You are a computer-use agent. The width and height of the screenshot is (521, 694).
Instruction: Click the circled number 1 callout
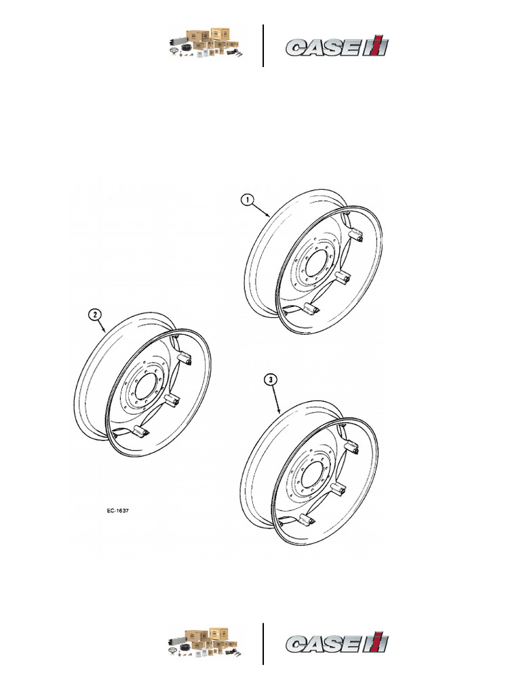click(x=247, y=200)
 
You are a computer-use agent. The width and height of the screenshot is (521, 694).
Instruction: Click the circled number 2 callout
click(x=95, y=314)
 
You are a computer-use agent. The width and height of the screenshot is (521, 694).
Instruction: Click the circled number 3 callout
click(x=270, y=380)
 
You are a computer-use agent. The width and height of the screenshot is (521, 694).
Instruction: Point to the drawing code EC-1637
click(x=118, y=510)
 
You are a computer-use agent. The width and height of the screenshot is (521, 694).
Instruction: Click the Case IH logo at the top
click(x=337, y=45)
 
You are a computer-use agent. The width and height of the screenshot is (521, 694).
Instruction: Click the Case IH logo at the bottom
click(x=337, y=642)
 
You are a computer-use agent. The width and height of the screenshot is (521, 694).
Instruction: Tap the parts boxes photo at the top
click(x=206, y=43)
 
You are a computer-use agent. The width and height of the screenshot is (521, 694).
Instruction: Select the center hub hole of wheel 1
click(x=315, y=265)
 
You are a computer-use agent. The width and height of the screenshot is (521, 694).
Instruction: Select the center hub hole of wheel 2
click(x=145, y=387)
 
